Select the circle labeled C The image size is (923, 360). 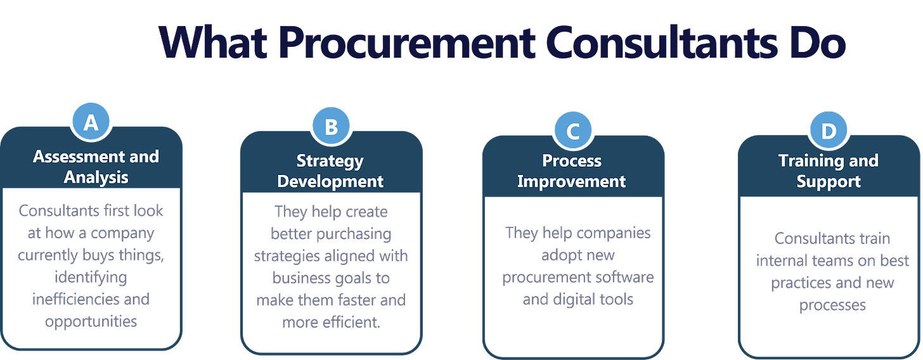[x=572, y=131]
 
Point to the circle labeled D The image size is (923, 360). [x=828, y=131]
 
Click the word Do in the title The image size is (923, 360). [x=818, y=42]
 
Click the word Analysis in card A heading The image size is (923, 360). [x=96, y=177]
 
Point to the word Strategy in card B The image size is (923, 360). [x=330, y=160]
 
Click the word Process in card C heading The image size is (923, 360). [x=572, y=160]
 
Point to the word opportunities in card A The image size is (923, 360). [x=91, y=321]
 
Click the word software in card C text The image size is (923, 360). [x=624, y=278]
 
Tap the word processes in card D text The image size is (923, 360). [x=832, y=305]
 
